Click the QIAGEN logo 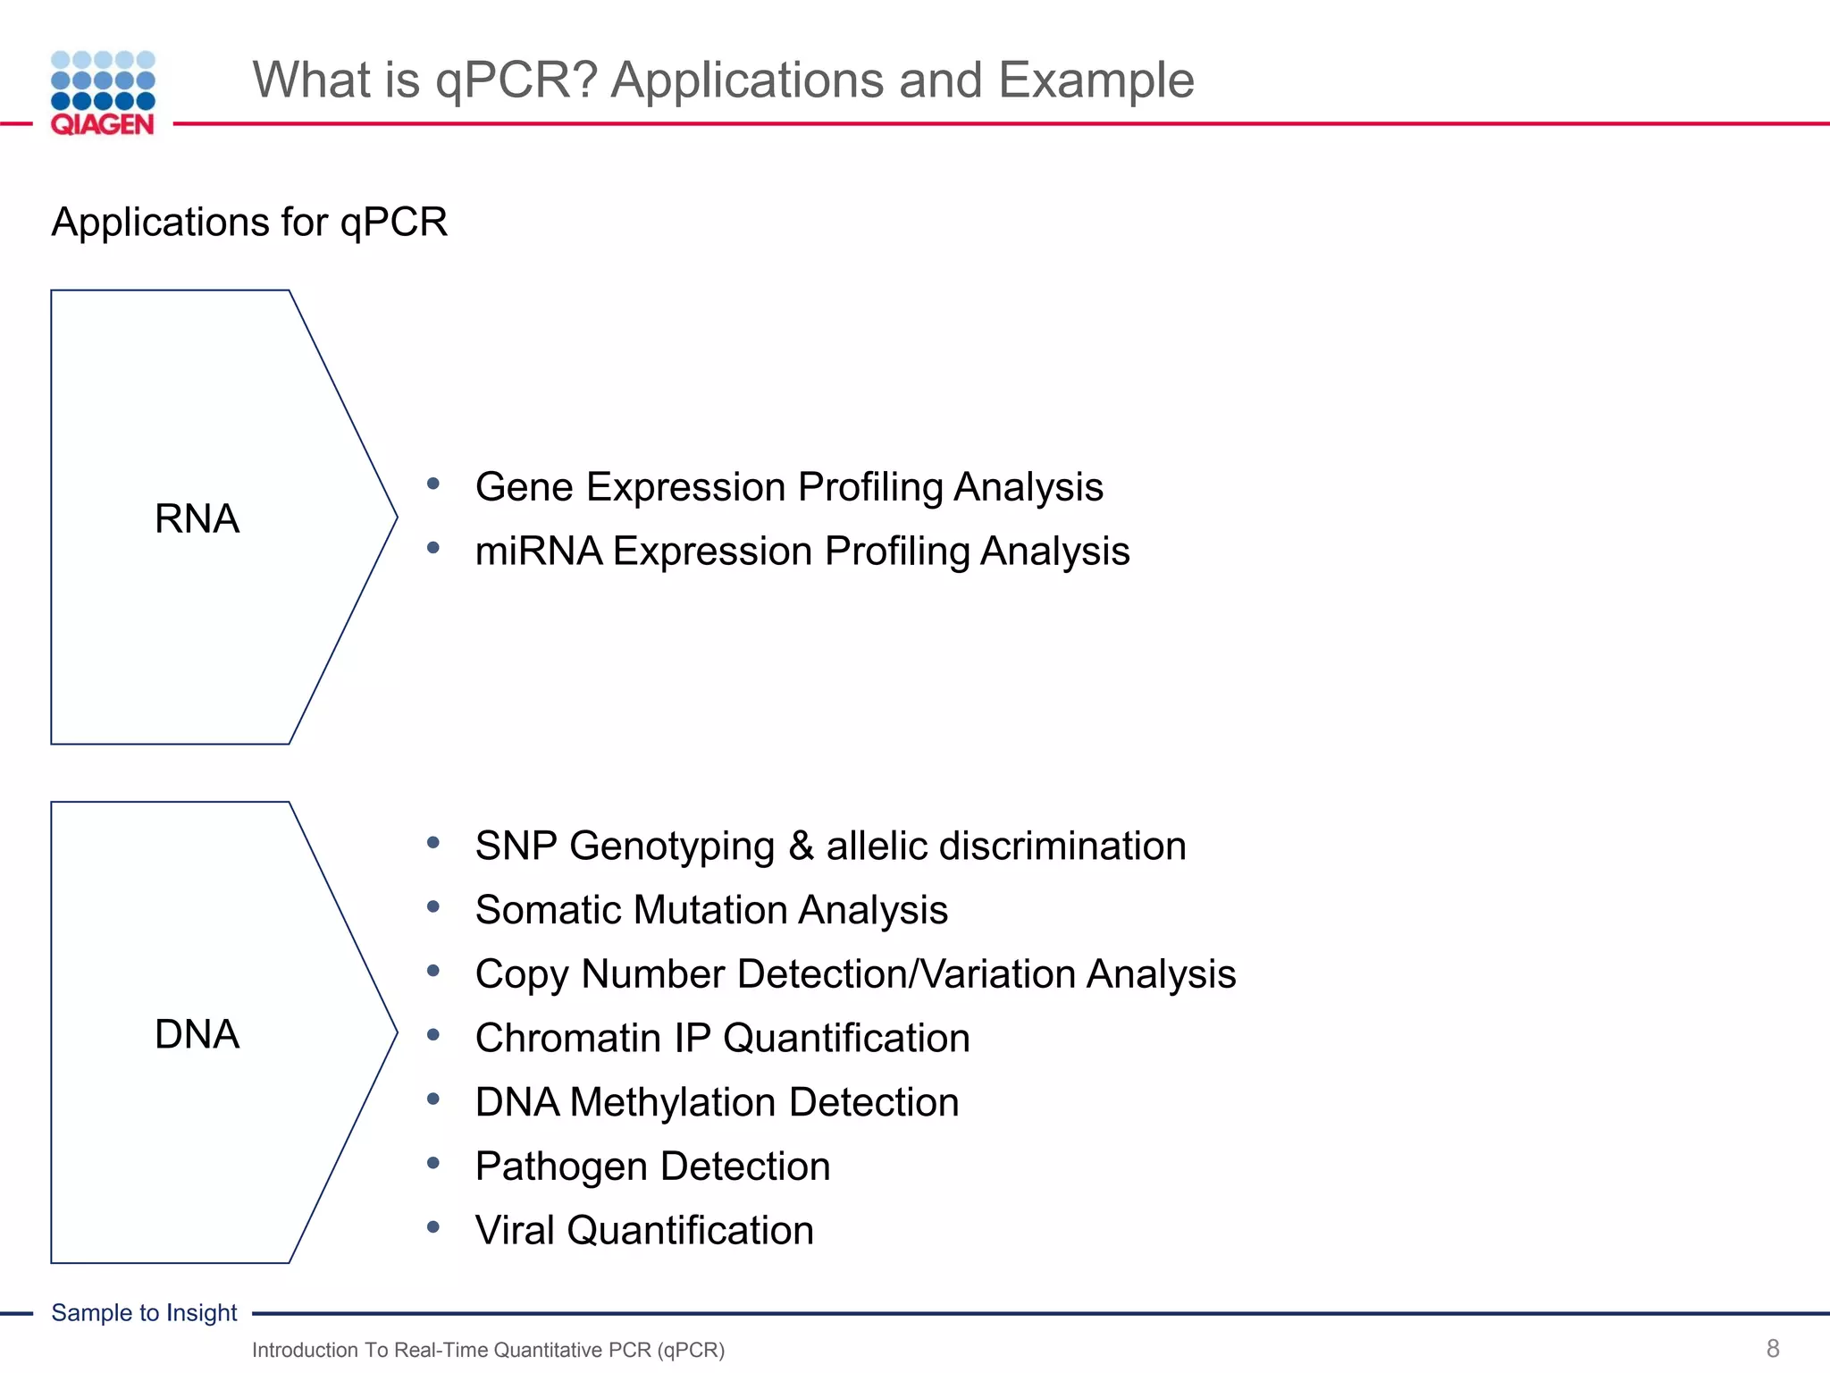[103, 93]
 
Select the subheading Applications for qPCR [249, 222]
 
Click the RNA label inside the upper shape [197, 518]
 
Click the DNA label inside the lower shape [197, 1034]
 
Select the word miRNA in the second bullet [539, 552]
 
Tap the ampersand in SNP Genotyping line [801, 846]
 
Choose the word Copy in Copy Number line [522, 974]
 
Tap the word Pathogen [561, 1167]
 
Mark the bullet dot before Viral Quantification [433, 1227]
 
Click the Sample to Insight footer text [144, 1312]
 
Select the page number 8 [1773, 1348]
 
